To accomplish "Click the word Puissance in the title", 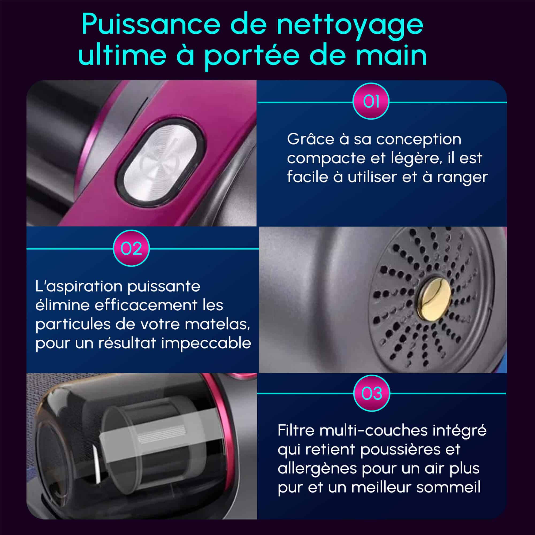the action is (151, 25).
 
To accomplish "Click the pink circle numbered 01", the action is (371, 101).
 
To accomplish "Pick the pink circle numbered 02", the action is (131, 249).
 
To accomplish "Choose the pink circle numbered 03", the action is (372, 393).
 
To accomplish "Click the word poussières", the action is (400, 449).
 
